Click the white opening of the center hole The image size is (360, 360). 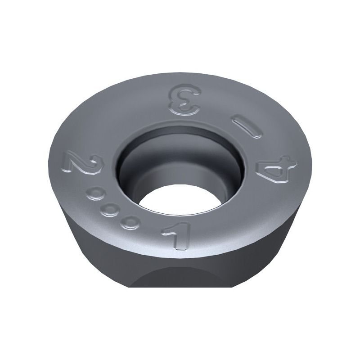point(181,201)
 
